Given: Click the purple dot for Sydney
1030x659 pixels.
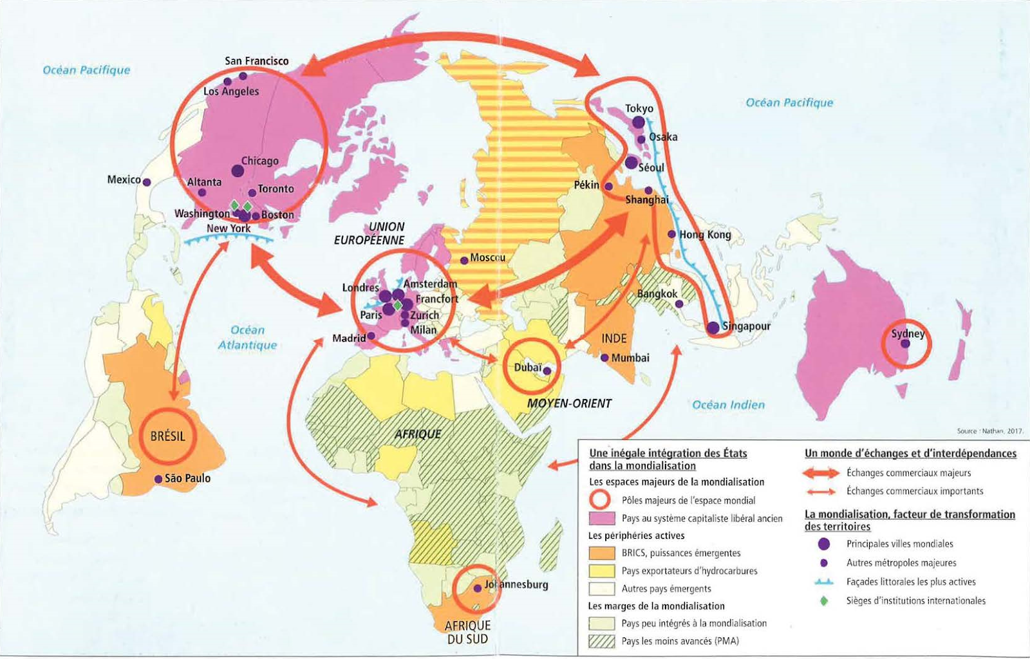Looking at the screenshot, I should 905,344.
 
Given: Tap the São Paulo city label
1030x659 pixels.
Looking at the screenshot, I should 187,478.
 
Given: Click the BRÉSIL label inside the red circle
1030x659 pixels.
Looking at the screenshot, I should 167,436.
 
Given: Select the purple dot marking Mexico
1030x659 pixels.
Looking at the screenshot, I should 147,182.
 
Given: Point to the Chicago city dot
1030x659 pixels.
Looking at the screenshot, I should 238,171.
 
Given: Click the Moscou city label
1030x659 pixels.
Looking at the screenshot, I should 487,257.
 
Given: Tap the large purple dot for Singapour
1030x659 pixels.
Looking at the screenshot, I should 713,328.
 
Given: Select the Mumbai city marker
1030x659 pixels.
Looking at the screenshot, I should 604,358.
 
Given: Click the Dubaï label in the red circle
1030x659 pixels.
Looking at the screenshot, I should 527,367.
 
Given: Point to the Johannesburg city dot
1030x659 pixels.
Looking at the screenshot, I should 478,588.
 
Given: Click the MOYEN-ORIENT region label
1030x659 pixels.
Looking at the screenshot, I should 569,404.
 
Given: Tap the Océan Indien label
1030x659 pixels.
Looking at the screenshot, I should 728,405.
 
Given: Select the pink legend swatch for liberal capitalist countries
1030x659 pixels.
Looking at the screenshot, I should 601,519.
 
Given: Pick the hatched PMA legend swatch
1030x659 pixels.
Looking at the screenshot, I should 601,641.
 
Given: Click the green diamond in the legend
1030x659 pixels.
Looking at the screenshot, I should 823,600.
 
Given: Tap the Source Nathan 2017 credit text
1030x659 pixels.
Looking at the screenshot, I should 989,431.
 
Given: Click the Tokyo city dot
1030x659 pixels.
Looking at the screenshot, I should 638,122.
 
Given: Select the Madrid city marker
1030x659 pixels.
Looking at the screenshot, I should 371,336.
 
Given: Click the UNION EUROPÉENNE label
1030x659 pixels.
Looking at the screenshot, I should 369,234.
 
